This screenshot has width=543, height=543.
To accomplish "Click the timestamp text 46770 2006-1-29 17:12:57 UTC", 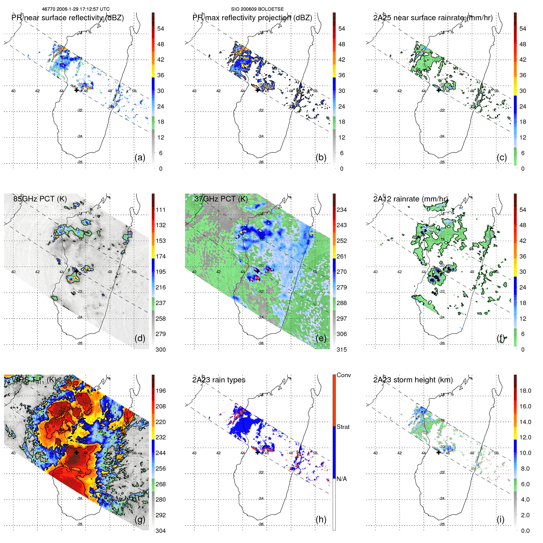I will click(76, 9).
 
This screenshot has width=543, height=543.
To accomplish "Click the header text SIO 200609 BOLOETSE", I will click(257, 9).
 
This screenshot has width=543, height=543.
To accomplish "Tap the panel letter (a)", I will click(140, 158).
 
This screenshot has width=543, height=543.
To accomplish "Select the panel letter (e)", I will click(321, 338).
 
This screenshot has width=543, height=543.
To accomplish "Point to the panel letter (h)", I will click(321, 519).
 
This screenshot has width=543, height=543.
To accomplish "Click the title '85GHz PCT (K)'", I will click(40, 199).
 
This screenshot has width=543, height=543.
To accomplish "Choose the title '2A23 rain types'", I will click(219, 380).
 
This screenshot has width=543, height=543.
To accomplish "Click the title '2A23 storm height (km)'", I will click(413, 380).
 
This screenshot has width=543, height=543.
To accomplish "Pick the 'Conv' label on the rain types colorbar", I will click(343, 375).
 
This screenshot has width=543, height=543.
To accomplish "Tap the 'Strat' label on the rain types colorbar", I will click(343, 427).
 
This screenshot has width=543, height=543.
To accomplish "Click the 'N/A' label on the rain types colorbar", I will click(342, 479).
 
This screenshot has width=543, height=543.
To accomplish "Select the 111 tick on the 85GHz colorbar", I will click(161, 210).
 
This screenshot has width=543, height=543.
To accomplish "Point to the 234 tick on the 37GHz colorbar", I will click(342, 210).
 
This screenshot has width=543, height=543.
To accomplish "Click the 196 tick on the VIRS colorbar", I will click(161, 391).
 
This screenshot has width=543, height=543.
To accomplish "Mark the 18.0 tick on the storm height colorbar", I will click(525, 391).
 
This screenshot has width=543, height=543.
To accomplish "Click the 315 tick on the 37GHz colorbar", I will click(342, 350).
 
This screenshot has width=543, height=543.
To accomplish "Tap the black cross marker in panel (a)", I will click(76, 90).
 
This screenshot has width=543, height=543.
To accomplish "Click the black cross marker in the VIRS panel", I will click(76, 452).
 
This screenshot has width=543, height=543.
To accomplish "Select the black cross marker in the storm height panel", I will click(438, 452).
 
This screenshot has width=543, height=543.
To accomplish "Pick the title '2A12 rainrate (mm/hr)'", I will click(411, 199).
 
